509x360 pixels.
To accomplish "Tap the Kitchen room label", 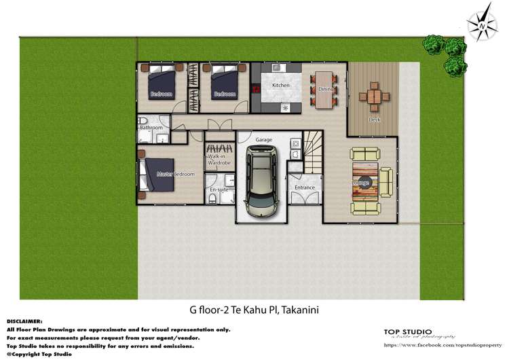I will click(x=281, y=86).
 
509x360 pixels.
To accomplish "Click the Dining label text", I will click(x=326, y=89).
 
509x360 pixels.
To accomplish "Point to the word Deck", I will click(x=374, y=120).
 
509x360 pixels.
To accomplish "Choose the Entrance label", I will click(x=305, y=187).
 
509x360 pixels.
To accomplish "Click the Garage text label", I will click(x=263, y=140).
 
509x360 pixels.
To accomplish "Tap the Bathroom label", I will click(x=151, y=128).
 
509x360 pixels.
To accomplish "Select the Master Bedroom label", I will click(x=175, y=175).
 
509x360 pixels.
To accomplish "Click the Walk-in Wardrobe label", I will click(x=219, y=160).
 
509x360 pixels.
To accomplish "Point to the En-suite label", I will click(x=218, y=190).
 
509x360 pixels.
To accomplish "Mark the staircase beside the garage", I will click(x=312, y=152).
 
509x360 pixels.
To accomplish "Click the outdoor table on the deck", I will click(x=375, y=96).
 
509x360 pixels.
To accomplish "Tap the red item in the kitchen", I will click(x=256, y=88).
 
